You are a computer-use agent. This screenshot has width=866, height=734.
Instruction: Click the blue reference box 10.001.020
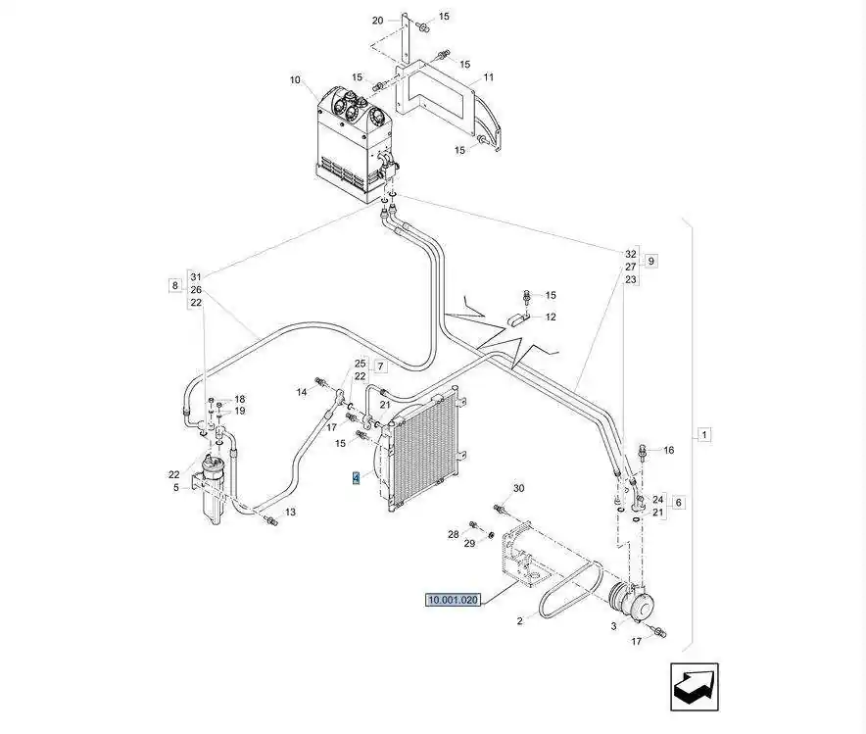pos(453,600)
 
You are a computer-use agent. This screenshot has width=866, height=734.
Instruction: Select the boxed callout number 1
pos(705,433)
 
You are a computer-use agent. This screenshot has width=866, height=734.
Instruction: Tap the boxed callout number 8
pos(174,285)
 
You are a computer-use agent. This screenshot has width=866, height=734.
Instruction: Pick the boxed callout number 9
pos(651,261)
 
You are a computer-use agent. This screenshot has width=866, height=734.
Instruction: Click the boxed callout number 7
pos(381,367)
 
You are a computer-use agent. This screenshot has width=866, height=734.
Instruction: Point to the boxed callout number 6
pos(679,502)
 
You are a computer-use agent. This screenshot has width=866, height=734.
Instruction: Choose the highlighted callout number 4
pos(357,479)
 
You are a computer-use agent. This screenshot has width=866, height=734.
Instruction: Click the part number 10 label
pos(295,79)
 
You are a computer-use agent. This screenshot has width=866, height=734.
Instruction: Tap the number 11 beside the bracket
pos(488,76)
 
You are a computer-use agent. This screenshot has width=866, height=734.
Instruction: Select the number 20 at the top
pos(378,21)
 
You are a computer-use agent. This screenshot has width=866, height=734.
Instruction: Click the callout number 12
pos(551,318)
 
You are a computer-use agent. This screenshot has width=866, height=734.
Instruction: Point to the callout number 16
pos(669,451)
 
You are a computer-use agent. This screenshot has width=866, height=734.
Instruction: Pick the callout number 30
pos(519,488)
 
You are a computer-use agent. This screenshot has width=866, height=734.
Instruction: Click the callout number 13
pos(290,513)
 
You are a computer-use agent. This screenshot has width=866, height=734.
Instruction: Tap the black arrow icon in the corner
pos(697,686)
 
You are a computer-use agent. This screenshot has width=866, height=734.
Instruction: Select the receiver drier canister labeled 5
pos(214,487)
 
